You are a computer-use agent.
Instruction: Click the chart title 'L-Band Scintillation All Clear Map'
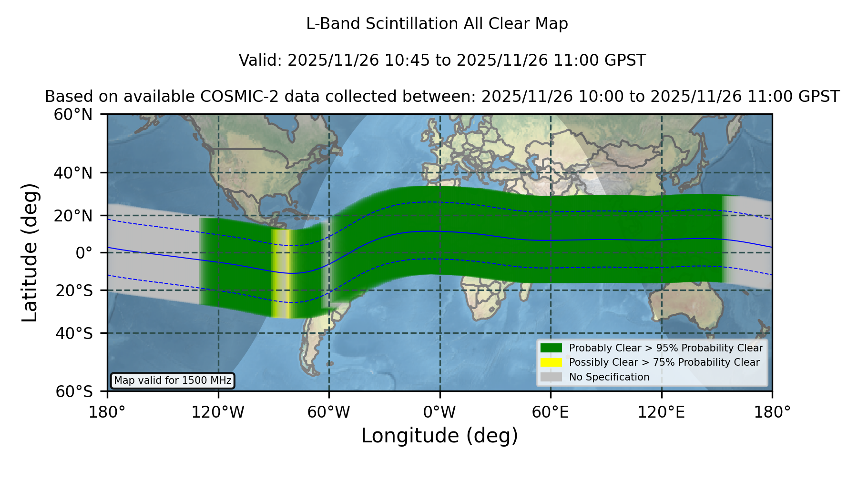point(437,24)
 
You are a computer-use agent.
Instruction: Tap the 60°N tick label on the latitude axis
point(73,114)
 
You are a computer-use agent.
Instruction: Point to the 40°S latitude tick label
point(74,333)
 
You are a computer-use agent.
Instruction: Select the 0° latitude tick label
point(84,253)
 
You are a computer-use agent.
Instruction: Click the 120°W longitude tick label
point(218,412)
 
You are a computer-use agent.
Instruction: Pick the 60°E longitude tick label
point(551,412)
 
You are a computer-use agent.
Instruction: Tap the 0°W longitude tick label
point(440,412)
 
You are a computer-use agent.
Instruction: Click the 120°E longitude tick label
point(662,412)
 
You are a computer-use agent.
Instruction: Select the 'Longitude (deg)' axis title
point(439,436)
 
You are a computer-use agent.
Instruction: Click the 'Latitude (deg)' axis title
point(30,252)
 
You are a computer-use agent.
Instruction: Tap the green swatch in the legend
point(552,348)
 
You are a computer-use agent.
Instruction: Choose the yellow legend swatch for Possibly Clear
point(552,362)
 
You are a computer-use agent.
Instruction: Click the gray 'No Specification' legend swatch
point(552,377)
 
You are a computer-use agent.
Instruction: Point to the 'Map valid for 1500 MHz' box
point(173,380)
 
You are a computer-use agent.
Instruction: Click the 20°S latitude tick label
point(74,290)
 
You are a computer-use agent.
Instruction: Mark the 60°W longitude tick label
point(329,412)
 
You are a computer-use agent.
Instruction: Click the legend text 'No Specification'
point(609,377)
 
